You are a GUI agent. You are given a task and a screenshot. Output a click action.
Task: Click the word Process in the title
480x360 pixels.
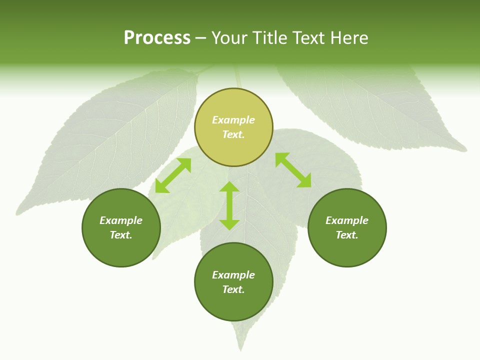click(157, 38)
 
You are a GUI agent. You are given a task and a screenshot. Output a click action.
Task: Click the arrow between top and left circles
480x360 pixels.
click(173, 175)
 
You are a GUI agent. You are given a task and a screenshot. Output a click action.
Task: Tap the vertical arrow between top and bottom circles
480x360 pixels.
click(229, 205)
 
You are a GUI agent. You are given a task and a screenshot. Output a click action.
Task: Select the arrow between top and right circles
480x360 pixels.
click(293, 170)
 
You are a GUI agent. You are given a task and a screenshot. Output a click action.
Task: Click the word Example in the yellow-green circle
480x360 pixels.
click(233, 120)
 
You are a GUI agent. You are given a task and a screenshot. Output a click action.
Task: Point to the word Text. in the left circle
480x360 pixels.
click(121, 235)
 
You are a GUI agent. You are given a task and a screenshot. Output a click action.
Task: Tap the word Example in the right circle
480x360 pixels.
click(347, 220)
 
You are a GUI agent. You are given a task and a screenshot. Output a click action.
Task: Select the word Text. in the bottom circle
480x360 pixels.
click(233, 289)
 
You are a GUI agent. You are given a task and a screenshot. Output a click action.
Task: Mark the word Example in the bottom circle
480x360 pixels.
click(233, 275)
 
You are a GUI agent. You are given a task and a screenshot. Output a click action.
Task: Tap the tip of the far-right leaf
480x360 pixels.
click(465, 149)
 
